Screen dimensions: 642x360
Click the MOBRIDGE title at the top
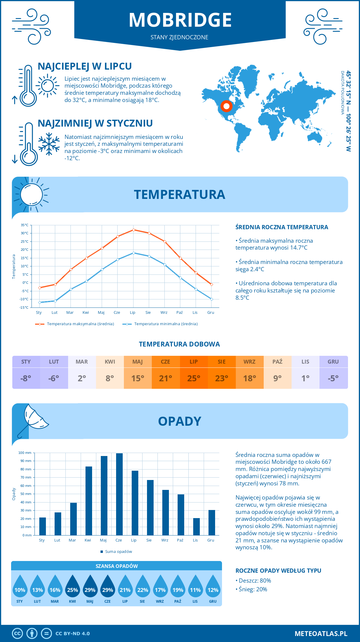pos(180,20)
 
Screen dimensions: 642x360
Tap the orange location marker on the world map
pos(226,106)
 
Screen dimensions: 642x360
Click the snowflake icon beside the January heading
pos(49,144)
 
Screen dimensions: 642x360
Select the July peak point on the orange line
pos(133,230)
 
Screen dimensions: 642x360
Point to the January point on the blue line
pos(40,302)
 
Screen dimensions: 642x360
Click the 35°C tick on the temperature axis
pos(25,225)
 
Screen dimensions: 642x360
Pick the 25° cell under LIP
pos(193,378)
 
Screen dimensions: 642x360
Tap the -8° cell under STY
pos(26,378)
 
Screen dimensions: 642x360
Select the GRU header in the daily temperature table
pos(333,362)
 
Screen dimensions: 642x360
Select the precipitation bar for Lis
pos(196,526)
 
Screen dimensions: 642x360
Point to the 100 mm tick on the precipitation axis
pos(25,453)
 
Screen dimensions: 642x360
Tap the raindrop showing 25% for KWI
pos(72,588)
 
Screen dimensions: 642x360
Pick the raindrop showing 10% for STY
pos(20,588)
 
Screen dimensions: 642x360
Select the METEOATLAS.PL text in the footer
pos(321,634)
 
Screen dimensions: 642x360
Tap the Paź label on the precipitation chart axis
pos(180,540)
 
